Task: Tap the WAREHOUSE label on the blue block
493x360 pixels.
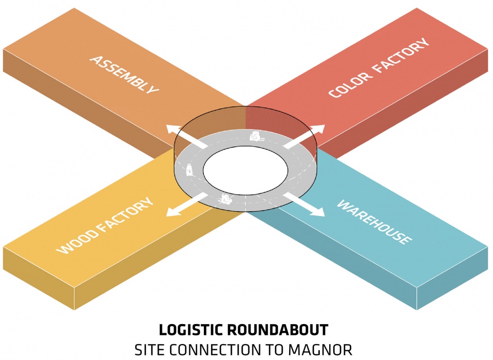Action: tap(374, 222)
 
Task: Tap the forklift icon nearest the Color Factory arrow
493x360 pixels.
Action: tap(256, 136)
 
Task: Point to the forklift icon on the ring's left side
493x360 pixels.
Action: tap(189, 169)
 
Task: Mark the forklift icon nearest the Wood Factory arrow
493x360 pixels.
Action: tap(225, 199)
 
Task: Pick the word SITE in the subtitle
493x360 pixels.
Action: tap(149, 350)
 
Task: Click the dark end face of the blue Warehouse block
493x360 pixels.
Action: tap(452, 285)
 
